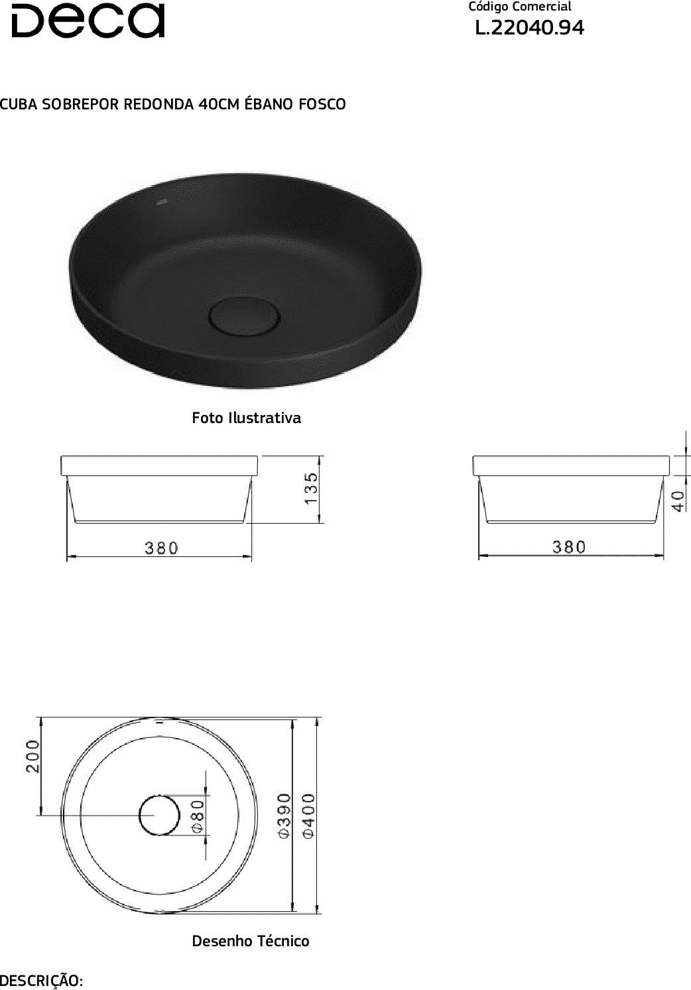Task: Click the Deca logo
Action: pyautogui.click(x=88, y=21)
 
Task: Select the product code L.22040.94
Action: pyautogui.click(x=529, y=29)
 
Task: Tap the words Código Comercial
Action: pyautogui.click(x=519, y=7)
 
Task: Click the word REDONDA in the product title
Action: pyautogui.click(x=158, y=104)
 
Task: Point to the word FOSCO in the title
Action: pyautogui.click(x=322, y=104)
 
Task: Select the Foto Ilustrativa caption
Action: pyautogui.click(x=246, y=418)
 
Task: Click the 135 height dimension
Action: pyautogui.click(x=311, y=488)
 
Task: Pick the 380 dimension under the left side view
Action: pyautogui.click(x=161, y=548)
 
